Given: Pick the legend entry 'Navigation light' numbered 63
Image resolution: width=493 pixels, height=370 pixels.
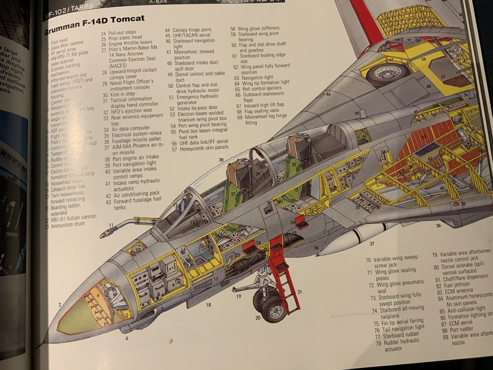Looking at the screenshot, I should tap(257, 77).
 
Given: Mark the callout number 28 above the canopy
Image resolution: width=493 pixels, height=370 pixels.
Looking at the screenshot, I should tap(221, 160).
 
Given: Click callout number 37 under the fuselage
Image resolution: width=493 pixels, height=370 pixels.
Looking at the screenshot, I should tap(372, 244).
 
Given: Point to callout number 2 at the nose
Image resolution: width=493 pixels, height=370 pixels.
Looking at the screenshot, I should tap(60, 305).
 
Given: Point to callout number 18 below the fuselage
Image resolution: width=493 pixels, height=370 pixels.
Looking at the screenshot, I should tap(208, 305).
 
